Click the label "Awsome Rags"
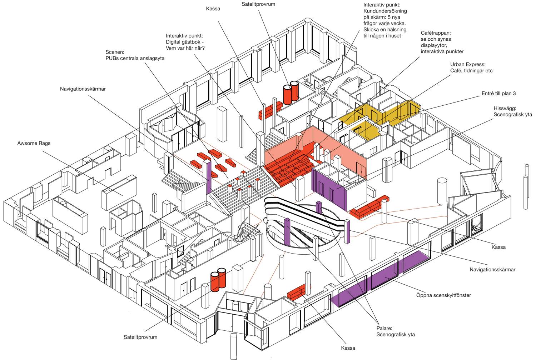coord(34,143)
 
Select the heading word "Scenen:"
coord(115,52)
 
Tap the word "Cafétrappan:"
coord(436,33)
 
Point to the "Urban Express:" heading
coord(468,64)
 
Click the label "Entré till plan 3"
coord(498,94)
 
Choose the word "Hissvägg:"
coord(505,108)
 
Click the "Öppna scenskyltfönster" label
coord(443,295)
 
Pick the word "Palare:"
coord(384,328)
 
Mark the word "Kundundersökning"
coord(385,11)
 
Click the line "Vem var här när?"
coord(185,48)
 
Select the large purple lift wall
coord(329,187)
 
